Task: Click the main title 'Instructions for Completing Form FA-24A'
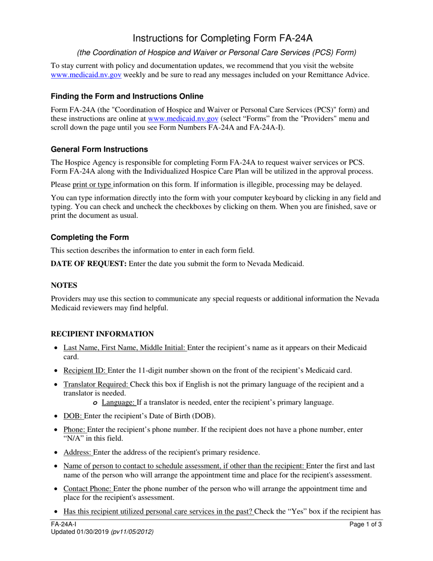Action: click(x=216, y=38)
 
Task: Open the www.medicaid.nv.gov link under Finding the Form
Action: click(x=183, y=119)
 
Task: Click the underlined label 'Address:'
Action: click(x=78, y=452)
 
